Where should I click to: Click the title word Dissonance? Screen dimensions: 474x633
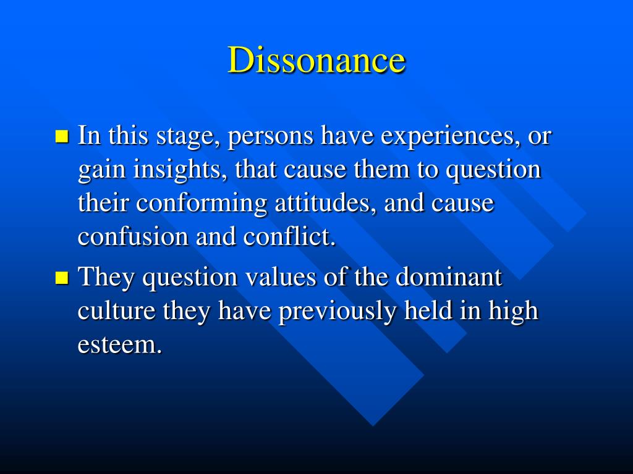(316, 60)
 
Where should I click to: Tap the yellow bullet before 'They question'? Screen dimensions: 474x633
(61, 278)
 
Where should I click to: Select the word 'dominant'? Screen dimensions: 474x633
(449, 277)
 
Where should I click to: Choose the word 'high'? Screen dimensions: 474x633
(513, 312)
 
